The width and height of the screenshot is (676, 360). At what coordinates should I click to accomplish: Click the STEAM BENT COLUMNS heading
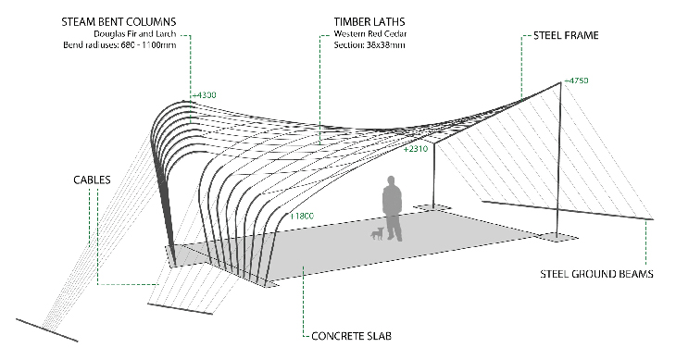119,22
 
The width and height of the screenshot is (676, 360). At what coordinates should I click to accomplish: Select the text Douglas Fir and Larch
135,34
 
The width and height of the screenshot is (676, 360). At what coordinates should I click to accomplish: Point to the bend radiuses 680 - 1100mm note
119,44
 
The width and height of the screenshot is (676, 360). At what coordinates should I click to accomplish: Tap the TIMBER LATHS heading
369,22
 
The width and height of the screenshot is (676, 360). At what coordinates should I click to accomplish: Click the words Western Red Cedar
369,33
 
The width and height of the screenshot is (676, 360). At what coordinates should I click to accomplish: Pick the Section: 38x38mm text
369,44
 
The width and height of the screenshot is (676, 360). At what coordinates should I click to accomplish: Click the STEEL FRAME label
566,35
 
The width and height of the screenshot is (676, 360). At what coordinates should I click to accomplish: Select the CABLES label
92,180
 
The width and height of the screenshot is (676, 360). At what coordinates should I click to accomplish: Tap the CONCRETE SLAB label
351,336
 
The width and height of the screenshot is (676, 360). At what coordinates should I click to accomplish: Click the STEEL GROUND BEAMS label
596,274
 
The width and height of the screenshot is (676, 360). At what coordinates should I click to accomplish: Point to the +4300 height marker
205,95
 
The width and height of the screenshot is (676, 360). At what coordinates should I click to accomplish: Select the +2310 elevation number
416,149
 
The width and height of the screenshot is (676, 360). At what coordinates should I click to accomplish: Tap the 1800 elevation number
302,217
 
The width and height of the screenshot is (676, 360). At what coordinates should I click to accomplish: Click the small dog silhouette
377,233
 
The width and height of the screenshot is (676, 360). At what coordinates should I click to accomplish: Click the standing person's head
391,180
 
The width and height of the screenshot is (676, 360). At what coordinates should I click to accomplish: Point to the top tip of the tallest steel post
561,81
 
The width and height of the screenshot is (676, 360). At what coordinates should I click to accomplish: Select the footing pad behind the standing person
432,208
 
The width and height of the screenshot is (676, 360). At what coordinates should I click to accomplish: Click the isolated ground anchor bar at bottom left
47,330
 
